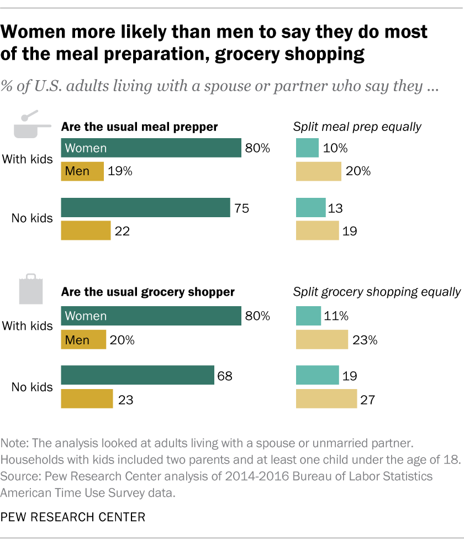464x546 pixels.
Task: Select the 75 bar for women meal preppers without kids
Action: (145, 208)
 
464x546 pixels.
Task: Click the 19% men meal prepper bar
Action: (82, 171)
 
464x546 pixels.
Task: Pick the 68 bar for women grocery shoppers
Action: (137, 375)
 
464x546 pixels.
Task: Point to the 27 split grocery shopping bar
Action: (326, 398)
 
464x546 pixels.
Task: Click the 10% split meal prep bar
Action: (307, 148)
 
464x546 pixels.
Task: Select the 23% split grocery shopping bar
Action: (322, 340)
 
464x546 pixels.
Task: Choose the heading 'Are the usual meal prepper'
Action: (139, 127)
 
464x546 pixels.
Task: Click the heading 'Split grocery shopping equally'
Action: (377, 292)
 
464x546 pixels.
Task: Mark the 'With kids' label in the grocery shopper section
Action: (28, 326)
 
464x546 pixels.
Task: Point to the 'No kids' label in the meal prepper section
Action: (32, 218)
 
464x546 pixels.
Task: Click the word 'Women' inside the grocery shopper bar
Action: (85, 316)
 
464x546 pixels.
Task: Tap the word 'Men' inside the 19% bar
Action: (77, 171)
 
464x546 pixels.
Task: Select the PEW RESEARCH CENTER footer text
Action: (73, 518)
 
